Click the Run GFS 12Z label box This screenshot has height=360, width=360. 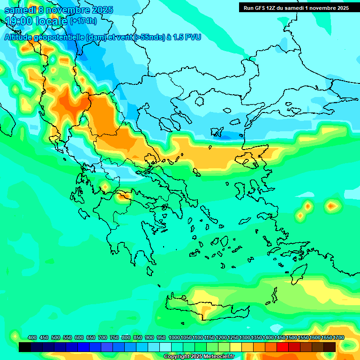(x=296, y=8)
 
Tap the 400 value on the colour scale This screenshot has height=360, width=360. (x=32, y=337)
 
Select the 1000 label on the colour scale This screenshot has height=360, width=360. (x=174, y=337)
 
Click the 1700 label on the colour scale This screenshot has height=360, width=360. (x=338, y=337)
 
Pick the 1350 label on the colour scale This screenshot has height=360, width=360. (x=256, y=337)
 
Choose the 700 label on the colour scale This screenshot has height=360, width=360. (x=103, y=337)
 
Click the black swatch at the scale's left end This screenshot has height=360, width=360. (x=25, y=347)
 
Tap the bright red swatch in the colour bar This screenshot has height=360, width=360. (x=283, y=347)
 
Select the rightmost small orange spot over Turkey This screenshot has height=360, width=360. (x=332, y=205)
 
